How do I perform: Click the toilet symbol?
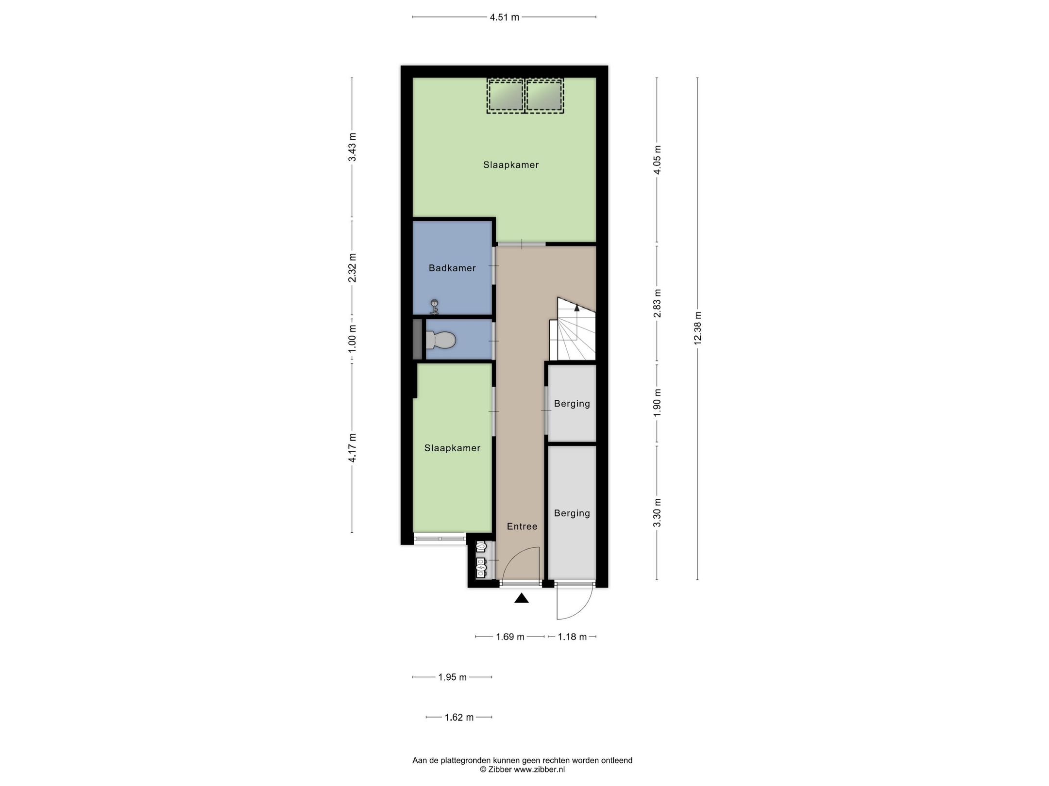pyautogui.click(x=440, y=340)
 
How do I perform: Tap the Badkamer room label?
pyautogui.click(x=452, y=268)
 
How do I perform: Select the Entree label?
pyautogui.click(x=522, y=526)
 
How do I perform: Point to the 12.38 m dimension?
pyautogui.click(x=698, y=328)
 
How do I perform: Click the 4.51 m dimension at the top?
pyautogui.click(x=505, y=17)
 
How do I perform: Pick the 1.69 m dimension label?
pyautogui.click(x=510, y=637)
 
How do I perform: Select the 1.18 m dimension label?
pyautogui.click(x=572, y=637)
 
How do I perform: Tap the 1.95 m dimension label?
pyautogui.click(x=452, y=677)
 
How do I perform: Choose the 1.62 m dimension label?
pyautogui.click(x=459, y=717)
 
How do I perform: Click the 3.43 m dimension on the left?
pyautogui.click(x=353, y=147)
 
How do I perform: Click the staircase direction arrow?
pyautogui.click(x=577, y=308)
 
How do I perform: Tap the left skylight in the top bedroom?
pyautogui.click(x=506, y=96)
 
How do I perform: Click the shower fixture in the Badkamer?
pyautogui.click(x=435, y=306)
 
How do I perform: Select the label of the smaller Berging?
pyautogui.click(x=572, y=404)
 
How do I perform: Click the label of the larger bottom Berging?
pyautogui.click(x=572, y=513)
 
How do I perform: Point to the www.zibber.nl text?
pyautogui.click(x=539, y=769)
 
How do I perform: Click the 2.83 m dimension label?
pyautogui.click(x=658, y=303)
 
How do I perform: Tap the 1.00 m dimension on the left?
pyautogui.click(x=353, y=338)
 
